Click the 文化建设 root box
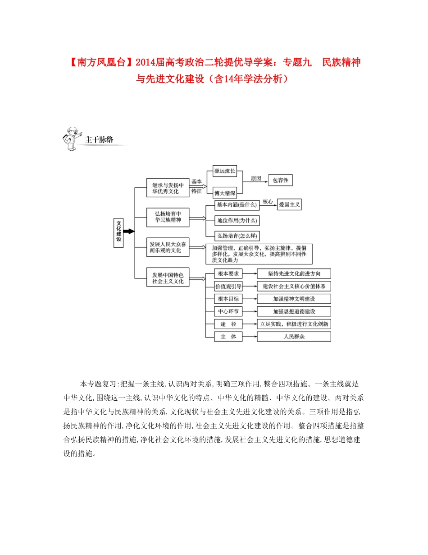[x=119, y=231]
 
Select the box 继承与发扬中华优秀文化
[x=168, y=188]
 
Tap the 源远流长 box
[x=225, y=171]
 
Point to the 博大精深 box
[x=225, y=193]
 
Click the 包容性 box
[x=280, y=180]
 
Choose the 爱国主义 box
[x=289, y=204]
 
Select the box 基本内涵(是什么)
[x=237, y=205]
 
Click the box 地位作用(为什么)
[x=237, y=221]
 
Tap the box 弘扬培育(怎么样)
[x=237, y=236]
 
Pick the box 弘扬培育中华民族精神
[x=168, y=217]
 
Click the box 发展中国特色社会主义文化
[x=168, y=277]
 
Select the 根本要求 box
[x=228, y=273]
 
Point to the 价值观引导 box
[x=228, y=286]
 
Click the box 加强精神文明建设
[x=294, y=299]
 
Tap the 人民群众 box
[x=294, y=337]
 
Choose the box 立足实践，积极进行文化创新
[x=294, y=324]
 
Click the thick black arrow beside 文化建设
[x=129, y=231]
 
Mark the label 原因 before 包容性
[x=255, y=178]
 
